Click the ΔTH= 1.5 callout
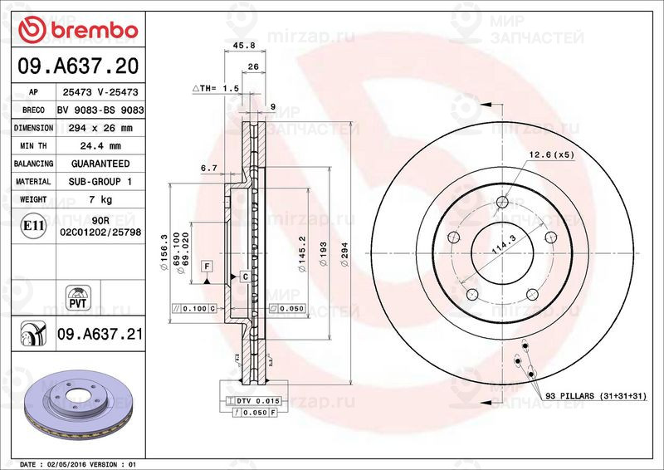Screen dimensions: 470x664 217,87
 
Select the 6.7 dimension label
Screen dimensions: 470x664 208,168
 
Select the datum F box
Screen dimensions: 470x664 207,266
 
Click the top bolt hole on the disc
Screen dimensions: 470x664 503,201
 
